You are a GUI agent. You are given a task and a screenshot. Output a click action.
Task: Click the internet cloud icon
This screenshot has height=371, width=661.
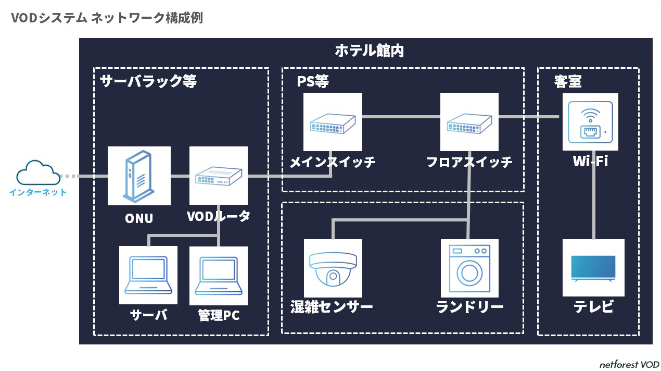tap(38, 172)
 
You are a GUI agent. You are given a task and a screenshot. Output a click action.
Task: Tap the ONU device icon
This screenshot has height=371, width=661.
tap(139, 176)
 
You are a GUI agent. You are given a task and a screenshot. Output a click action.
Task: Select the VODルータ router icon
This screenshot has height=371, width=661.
tap(218, 176)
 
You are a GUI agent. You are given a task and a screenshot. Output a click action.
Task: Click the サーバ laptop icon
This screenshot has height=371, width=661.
tap(148, 275)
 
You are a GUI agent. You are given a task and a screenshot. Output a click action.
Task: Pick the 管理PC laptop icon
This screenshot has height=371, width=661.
tap(219, 276)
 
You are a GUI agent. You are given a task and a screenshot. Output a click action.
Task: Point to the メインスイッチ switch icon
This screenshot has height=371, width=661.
tap(333, 122)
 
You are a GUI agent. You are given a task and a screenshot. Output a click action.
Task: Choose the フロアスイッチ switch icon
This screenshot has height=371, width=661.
tap(469, 122)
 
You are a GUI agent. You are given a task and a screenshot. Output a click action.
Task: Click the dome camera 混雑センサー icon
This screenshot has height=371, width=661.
tap(333, 268)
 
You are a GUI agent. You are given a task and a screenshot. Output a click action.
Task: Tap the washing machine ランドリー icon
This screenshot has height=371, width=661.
tap(469, 268)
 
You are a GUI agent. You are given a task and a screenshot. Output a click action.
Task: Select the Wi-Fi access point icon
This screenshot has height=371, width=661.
tap(590, 122)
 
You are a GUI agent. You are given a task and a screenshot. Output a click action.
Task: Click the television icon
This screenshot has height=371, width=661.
tap(593, 268)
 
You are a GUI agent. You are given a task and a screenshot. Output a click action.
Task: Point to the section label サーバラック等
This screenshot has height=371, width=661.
tap(148, 81)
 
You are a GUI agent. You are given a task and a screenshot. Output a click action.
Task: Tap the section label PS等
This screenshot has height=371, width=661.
tap(312, 81)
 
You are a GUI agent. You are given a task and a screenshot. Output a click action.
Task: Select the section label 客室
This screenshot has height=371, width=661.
tap(568, 81)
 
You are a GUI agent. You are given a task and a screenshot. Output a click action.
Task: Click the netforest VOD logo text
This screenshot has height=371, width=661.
tap(629, 364)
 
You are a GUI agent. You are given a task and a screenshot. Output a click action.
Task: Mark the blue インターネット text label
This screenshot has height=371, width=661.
tap(38, 192)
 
